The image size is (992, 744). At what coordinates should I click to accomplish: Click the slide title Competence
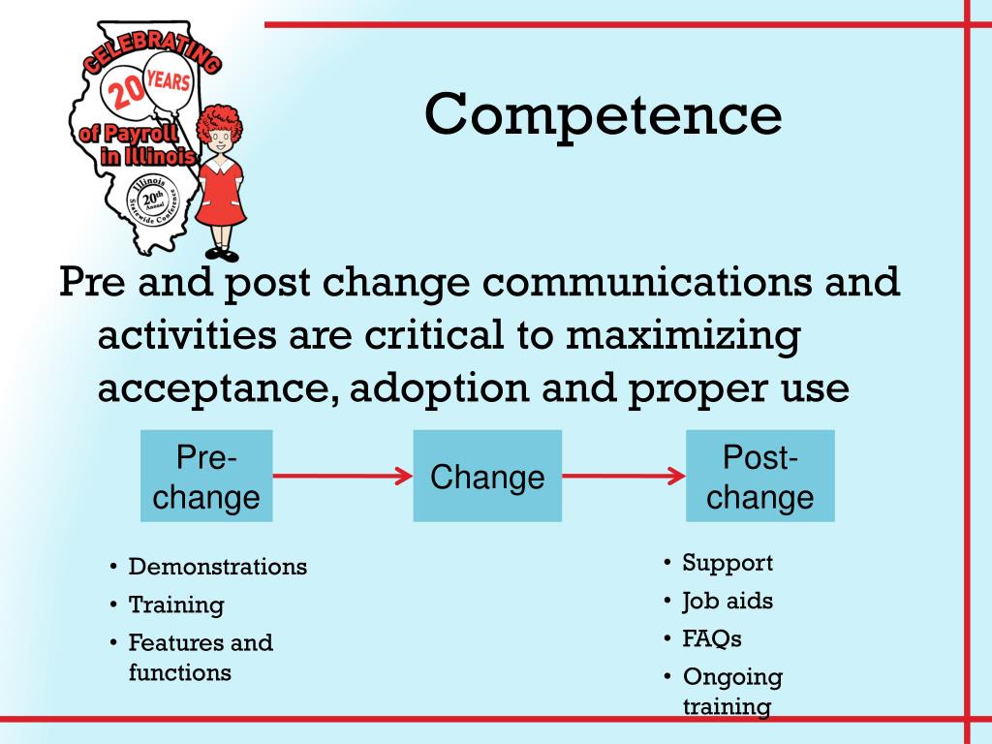pyautogui.click(x=603, y=114)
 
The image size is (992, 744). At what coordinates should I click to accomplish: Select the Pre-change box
pyautogui.click(x=206, y=476)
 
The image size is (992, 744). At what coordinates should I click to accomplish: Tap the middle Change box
pyautogui.click(x=487, y=476)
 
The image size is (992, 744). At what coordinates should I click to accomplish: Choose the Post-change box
pyautogui.click(x=759, y=476)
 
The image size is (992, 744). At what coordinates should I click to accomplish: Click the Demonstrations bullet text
pyautogui.click(x=217, y=567)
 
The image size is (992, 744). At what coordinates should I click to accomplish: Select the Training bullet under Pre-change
pyautogui.click(x=175, y=605)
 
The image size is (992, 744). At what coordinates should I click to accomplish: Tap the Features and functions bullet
pyautogui.click(x=201, y=657)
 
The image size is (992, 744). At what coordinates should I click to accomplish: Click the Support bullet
pyautogui.click(x=728, y=563)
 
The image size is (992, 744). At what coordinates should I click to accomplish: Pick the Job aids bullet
pyautogui.click(x=728, y=601)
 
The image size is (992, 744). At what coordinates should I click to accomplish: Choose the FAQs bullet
pyautogui.click(x=712, y=638)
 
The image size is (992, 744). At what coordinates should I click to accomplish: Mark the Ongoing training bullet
pyautogui.click(x=731, y=691)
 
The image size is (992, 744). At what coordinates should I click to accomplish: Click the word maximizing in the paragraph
pyautogui.click(x=684, y=336)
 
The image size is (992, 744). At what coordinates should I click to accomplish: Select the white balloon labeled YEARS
pyautogui.click(x=169, y=79)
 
